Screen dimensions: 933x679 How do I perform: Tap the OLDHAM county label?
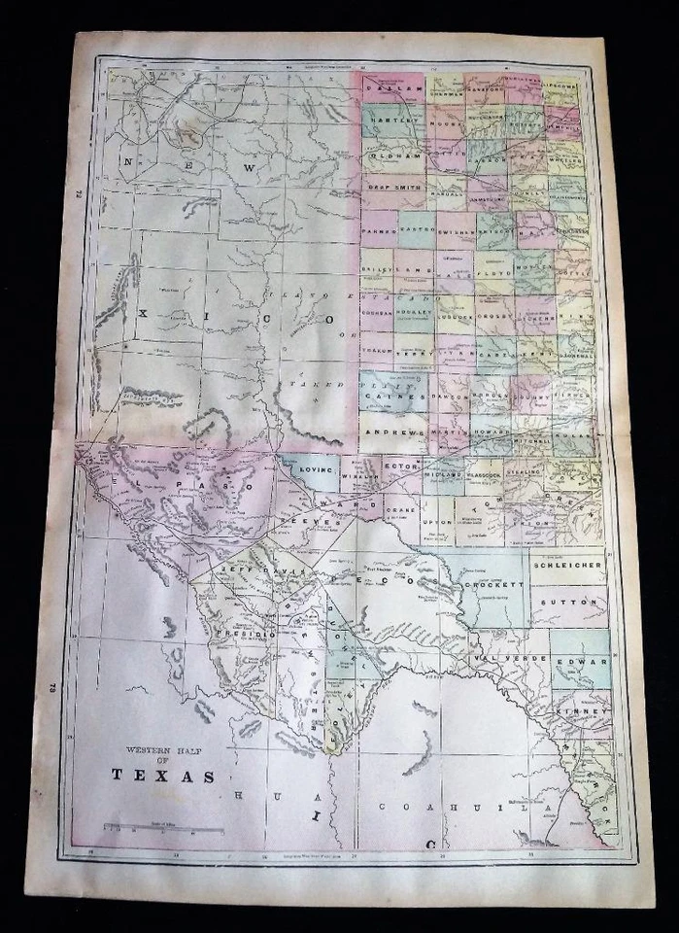pos(392,155)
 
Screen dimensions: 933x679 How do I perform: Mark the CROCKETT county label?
pos(494,584)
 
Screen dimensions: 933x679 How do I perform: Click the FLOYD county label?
pos(493,288)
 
